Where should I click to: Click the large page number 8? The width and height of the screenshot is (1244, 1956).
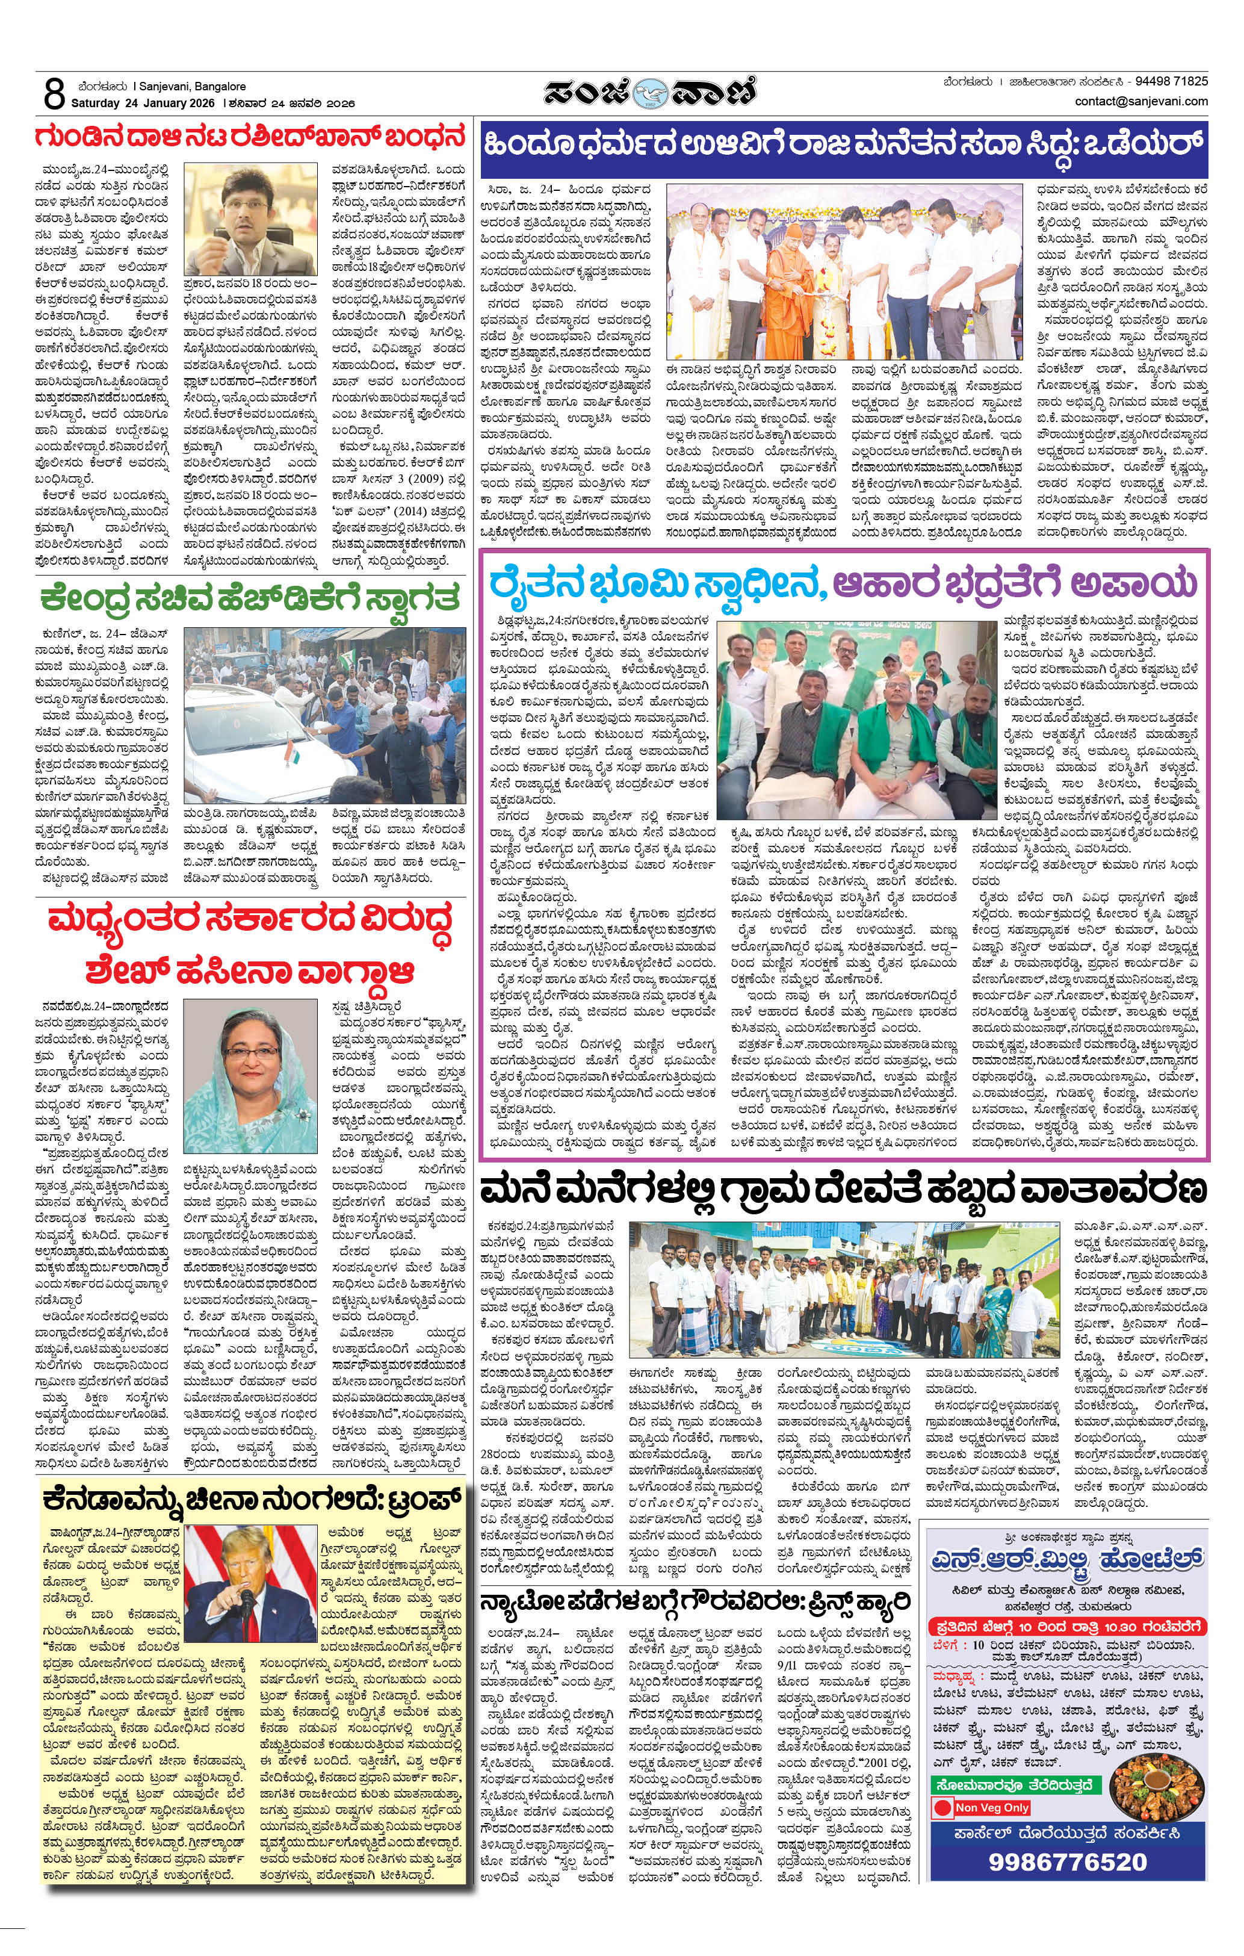point(54,95)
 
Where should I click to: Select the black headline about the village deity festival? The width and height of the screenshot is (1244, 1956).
point(843,1191)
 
